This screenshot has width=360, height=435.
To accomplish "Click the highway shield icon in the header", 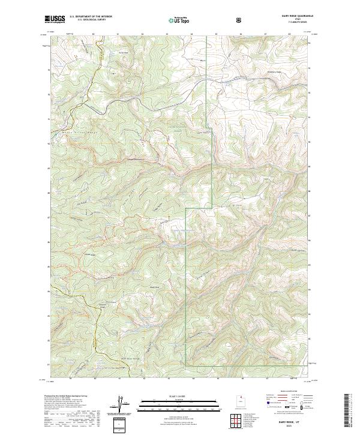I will [x=241, y=20].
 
